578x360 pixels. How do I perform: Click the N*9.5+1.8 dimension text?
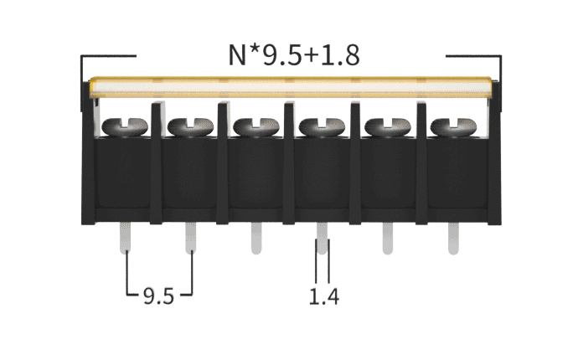click(x=294, y=55)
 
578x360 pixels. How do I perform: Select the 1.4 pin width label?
click(x=323, y=296)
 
